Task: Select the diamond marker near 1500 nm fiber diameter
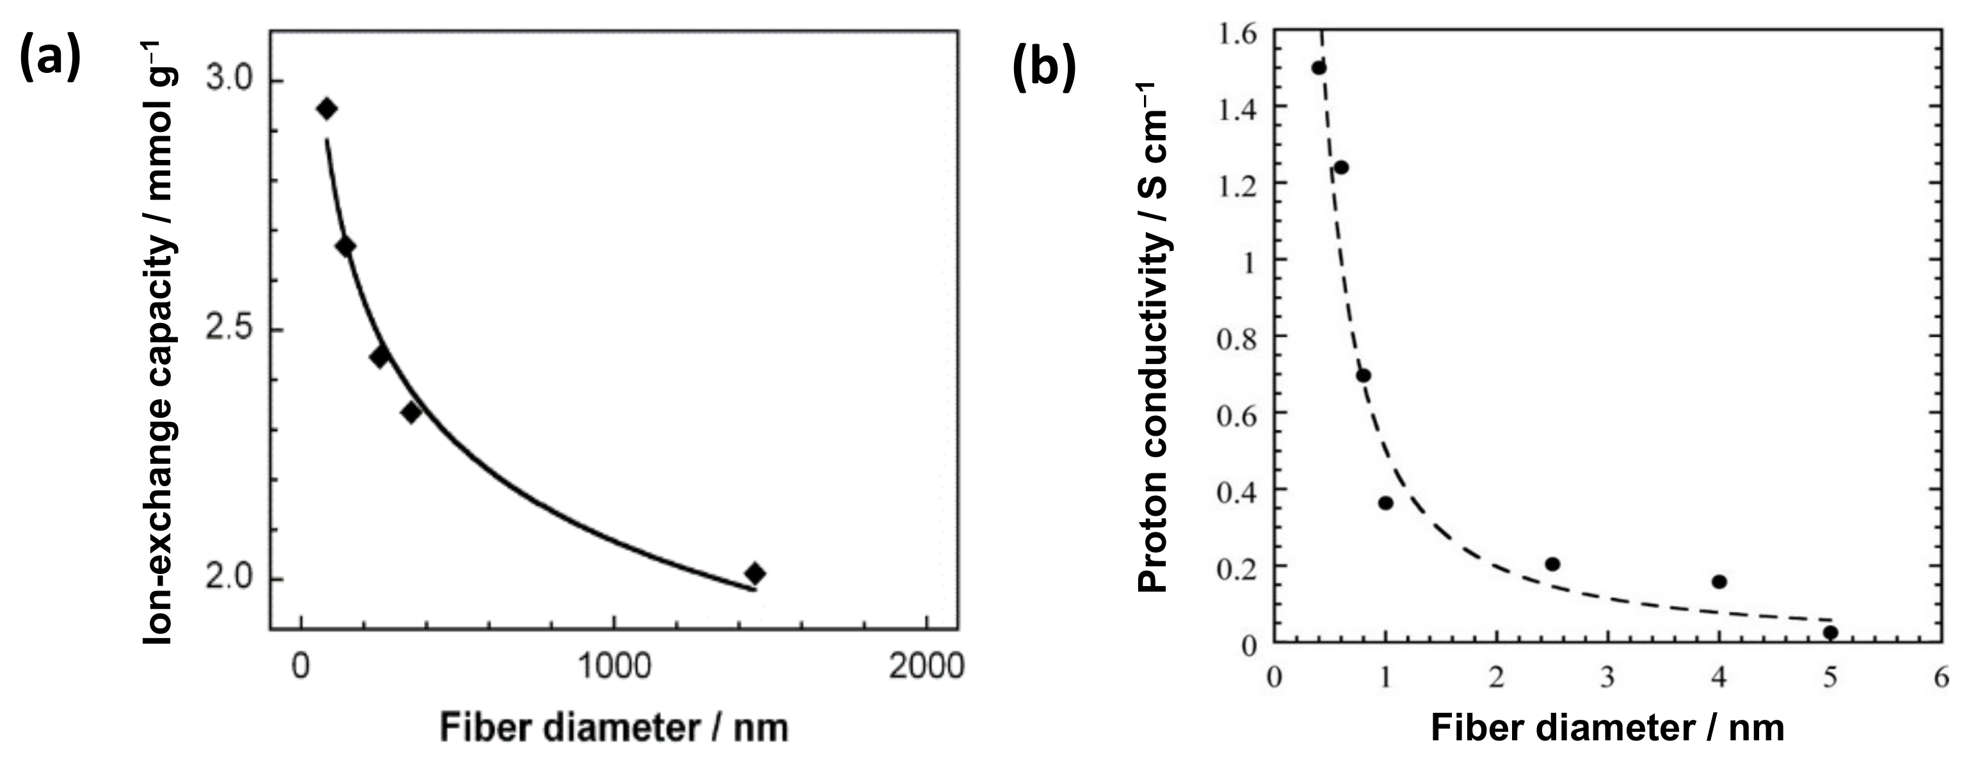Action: tap(755, 573)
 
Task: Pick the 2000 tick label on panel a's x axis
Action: tap(926, 666)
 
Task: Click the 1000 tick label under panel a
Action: tap(613, 666)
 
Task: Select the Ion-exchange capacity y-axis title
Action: tap(159, 342)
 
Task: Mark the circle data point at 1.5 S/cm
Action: tap(1319, 68)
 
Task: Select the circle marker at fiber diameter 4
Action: tap(1719, 582)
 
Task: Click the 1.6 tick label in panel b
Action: tap(1237, 34)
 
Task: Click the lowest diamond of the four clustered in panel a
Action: tap(411, 413)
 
